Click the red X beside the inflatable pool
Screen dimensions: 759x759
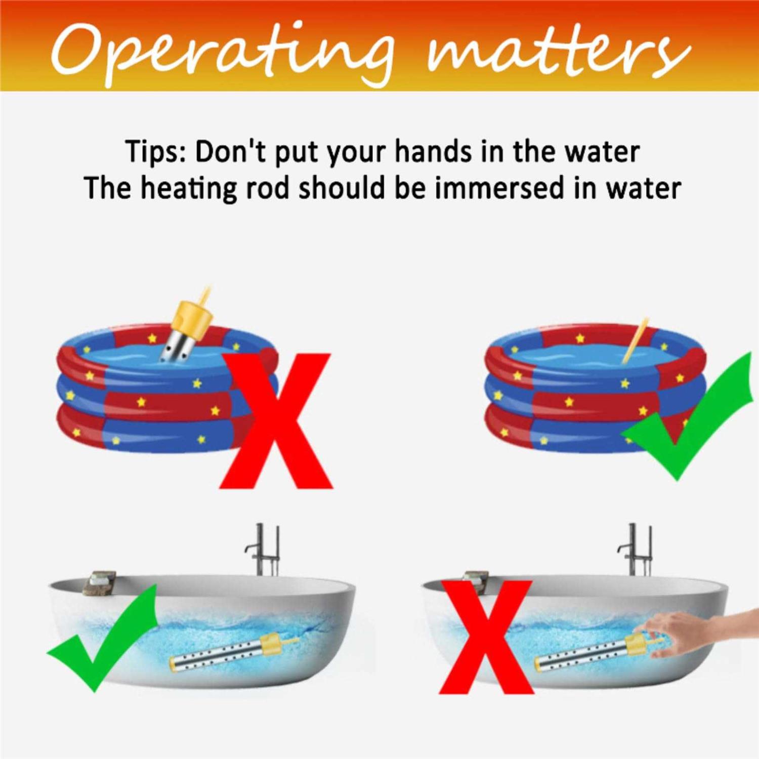276,421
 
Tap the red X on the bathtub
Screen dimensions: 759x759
486,637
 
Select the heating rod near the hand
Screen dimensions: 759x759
597,652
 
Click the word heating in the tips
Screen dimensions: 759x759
188,188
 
